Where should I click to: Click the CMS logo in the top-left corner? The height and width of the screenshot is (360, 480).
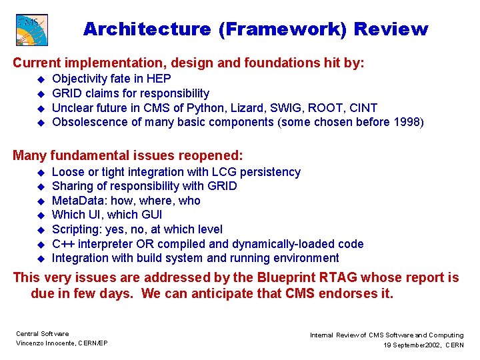click(x=31, y=29)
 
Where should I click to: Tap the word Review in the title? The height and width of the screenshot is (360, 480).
click(x=391, y=29)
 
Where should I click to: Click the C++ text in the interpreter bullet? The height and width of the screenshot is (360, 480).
click(x=63, y=244)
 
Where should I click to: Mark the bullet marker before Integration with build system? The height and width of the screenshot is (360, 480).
click(x=39, y=259)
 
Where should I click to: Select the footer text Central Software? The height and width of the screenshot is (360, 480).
click(x=42, y=333)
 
